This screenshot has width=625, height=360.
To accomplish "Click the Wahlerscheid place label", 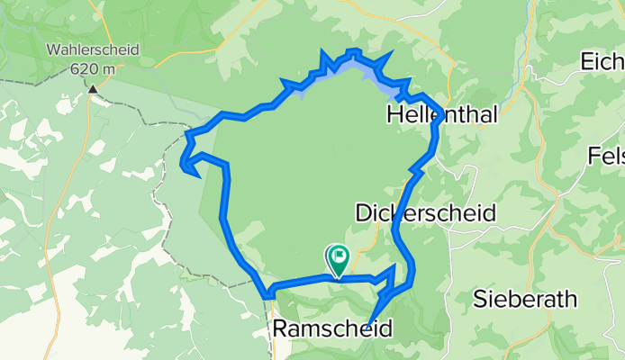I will (95, 50).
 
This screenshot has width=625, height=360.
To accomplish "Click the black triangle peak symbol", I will (94, 87).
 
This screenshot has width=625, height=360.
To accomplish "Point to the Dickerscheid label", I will (426, 213).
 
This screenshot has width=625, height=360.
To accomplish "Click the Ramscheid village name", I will (332, 329).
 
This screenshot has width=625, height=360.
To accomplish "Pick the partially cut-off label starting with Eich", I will (602, 62).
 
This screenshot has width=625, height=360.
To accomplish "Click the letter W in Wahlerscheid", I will (57, 50).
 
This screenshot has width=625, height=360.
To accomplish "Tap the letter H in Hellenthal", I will (394, 113).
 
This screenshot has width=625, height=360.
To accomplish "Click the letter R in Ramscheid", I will (278, 329).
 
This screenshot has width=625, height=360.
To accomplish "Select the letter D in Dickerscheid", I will (363, 213).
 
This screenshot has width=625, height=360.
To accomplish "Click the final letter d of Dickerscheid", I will (489, 213).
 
